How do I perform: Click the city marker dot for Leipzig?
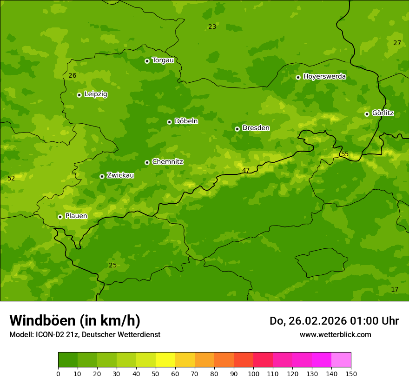click(79, 95)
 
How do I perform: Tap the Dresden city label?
click(256, 128)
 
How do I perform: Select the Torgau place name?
click(163, 60)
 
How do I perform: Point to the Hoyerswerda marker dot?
click(298, 77)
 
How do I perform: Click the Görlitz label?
click(383, 113)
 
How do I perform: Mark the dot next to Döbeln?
click(169, 122)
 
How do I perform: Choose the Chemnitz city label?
click(167, 162)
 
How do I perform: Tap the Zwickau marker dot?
click(102, 176)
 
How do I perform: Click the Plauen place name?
click(76, 216)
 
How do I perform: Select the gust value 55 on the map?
click(344, 154)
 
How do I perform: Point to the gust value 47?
click(246, 170)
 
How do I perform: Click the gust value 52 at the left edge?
click(11, 178)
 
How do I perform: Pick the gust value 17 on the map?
click(395, 289)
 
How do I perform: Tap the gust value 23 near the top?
click(212, 27)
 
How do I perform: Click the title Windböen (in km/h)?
click(75, 320)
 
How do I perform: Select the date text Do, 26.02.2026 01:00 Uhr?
click(334, 321)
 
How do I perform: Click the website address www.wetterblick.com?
click(335, 334)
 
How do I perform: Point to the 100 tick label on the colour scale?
click(253, 373)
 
